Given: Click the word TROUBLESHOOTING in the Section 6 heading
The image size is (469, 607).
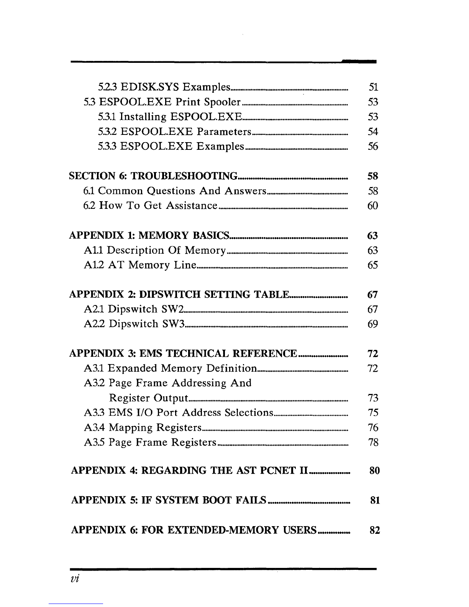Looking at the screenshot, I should click(x=184, y=176).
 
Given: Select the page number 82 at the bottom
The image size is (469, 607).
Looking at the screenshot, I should click(x=374, y=530).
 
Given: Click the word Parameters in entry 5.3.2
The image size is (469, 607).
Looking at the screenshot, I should click(x=224, y=132).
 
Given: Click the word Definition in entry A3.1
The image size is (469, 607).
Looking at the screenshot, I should click(x=231, y=369).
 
